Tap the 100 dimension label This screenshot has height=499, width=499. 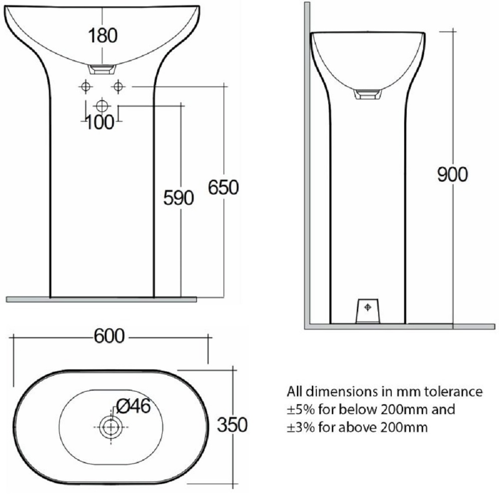[99, 122]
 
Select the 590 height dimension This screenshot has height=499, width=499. [178, 198]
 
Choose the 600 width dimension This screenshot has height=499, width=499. [109, 337]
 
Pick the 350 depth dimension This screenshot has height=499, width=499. [232, 425]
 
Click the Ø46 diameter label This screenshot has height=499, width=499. [133, 406]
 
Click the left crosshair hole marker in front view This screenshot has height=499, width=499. [86, 86]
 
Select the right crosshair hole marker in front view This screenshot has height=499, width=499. [118, 86]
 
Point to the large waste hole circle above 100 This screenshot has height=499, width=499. [102, 106]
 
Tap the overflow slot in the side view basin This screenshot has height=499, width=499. [367, 94]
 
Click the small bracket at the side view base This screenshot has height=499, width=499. [368, 310]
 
